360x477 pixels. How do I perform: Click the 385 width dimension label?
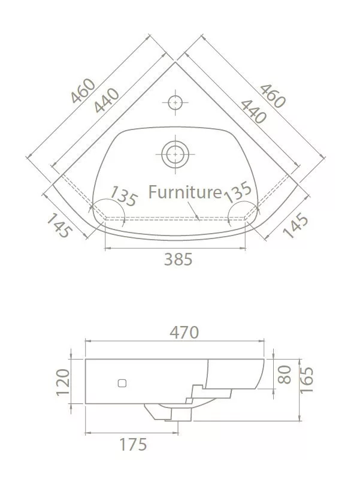(178, 259)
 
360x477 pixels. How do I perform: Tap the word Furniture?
(185, 192)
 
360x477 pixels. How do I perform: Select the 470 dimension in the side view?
(184, 332)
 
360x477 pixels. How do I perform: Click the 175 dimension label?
(133, 445)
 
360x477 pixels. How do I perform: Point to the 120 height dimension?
(63, 382)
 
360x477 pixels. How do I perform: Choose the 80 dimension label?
(285, 375)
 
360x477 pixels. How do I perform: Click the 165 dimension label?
(306, 381)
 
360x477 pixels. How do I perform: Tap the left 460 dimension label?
(83, 91)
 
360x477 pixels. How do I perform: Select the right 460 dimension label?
(273, 96)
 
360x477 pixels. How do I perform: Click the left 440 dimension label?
(107, 101)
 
